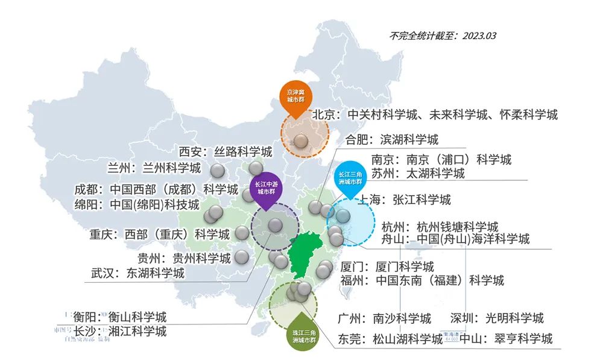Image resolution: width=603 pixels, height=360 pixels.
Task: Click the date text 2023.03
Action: pyautogui.click(x=479, y=36)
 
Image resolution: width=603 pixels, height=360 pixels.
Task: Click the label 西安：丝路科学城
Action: pyautogui.click(x=225, y=151)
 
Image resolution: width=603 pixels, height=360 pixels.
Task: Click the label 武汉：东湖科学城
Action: pyautogui.click(x=137, y=273)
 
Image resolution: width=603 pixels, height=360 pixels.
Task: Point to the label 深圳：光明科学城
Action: pyautogui.click(x=497, y=318)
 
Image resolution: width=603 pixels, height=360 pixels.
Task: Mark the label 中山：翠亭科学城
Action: pyautogui.click(x=505, y=338)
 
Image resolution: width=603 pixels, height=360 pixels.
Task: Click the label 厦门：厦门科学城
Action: pyautogui.click(x=387, y=267)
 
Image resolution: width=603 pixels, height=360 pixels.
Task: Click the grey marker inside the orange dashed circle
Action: pyautogui.click(x=301, y=141)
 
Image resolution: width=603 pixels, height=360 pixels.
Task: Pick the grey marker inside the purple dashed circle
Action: pyautogui.click(x=275, y=226)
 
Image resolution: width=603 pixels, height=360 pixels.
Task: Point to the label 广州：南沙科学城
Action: pyautogui.click(x=385, y=318)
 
